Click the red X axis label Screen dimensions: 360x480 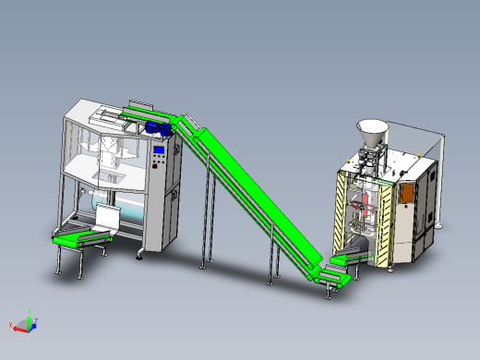11,325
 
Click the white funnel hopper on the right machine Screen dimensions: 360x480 371,131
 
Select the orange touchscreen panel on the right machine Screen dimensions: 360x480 406,191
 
